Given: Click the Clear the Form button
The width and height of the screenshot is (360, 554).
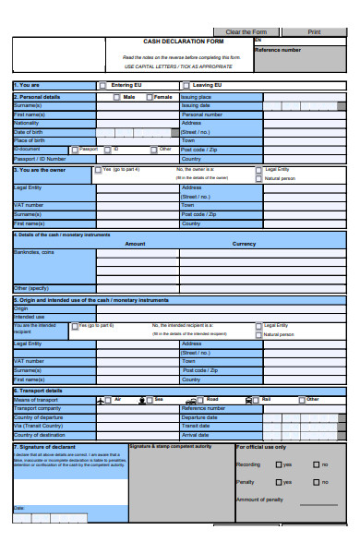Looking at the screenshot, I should tap(246, 32).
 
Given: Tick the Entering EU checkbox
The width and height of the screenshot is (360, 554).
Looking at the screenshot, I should tap(102, 86).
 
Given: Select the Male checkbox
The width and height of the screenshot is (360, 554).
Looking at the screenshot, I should tap(115, 97).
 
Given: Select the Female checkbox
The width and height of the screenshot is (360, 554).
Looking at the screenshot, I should tap(149, 97).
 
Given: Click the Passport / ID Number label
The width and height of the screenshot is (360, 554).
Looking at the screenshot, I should tap(40, 158).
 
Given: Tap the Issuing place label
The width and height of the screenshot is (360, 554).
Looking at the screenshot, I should tap(196, 96).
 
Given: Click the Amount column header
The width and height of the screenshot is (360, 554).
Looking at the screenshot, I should tap(135, 244).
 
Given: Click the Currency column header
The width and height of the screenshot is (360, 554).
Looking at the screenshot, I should tap(245, 244).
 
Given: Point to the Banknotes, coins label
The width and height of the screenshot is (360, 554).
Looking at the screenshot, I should tap(33, 252).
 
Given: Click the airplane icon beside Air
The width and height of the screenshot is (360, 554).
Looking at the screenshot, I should tap(101, 400).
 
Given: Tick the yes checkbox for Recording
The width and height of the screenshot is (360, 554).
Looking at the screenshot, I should tap(278, 464).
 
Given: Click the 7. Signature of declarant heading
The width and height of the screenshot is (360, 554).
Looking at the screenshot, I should tap(43, 447).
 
